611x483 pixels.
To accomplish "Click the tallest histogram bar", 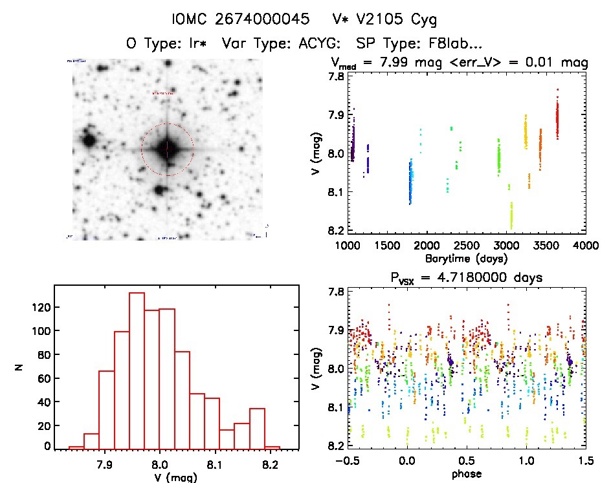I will click(x=137, y=369).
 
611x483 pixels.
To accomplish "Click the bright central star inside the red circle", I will click(x=166, y=149).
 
